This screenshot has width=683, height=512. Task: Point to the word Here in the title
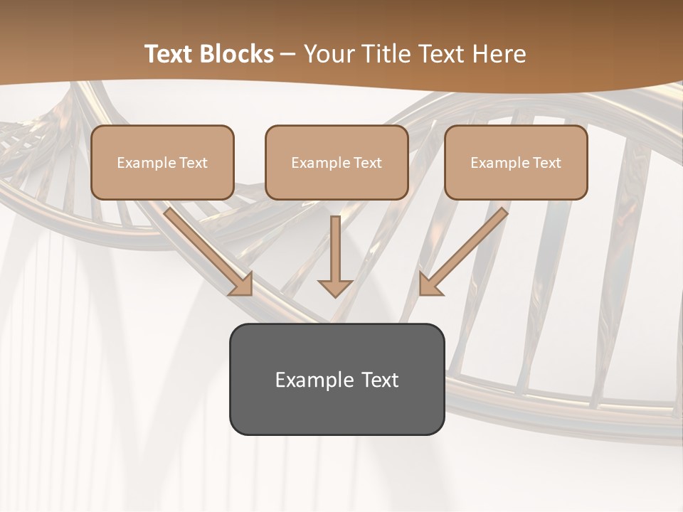point(498,54)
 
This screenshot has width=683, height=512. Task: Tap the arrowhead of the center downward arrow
point(335,287)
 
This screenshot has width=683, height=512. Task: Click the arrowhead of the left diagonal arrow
point(242,285)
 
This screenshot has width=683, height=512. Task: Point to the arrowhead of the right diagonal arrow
point(429,285)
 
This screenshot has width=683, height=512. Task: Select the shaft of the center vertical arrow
point(335,245)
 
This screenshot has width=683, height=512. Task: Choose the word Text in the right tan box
point(546,163)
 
